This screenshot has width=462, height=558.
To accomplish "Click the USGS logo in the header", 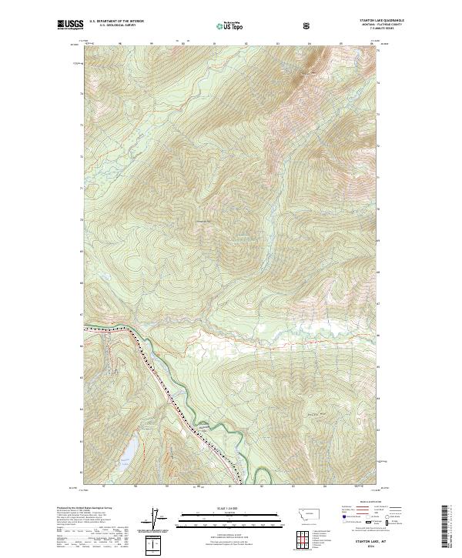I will [69, 25].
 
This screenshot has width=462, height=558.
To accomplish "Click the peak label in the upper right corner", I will [312, 74].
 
